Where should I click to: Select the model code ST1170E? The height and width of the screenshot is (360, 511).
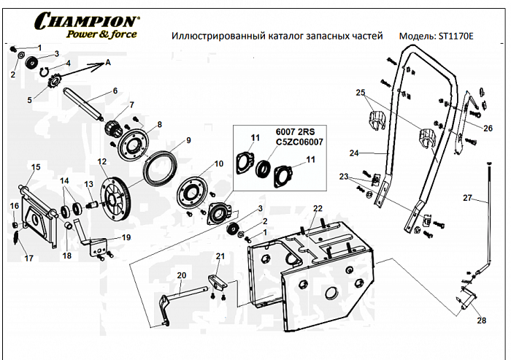coord(453,35)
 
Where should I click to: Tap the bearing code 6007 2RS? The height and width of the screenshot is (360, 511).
coord(290,132)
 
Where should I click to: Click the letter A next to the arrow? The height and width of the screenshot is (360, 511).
coord(108,63)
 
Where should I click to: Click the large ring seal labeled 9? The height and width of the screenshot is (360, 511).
coord(163,168)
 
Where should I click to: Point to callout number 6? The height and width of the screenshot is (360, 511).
coord(115,91)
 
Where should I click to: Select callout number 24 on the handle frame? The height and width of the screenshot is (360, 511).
coord(373,153)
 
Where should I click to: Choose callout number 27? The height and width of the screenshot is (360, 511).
coord(466,198)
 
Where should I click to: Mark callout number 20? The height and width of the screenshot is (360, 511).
coord(182,275)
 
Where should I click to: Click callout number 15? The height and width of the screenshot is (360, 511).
coord(34,167)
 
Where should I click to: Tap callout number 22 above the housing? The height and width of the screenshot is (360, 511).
coord(317,209)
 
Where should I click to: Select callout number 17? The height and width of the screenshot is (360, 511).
coord(29,258)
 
